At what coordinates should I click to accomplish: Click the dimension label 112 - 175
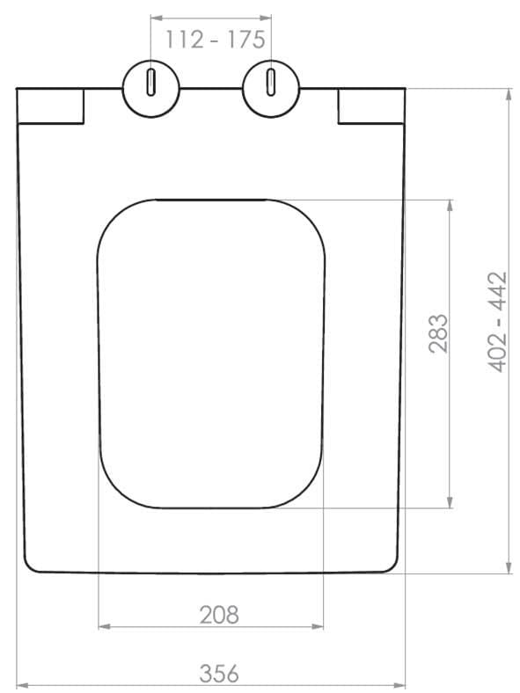click(x=216, y=40)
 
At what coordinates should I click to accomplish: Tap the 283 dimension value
click(x=439, y=333)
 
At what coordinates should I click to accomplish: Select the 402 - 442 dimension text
click(x=497, y=322)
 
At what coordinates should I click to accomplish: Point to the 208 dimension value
click(x=219, y=615)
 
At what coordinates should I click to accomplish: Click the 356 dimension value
click(x=219, y=673)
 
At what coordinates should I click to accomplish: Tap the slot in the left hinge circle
click(x=150, y=82)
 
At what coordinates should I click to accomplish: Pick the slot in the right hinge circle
click(x=271, y=82)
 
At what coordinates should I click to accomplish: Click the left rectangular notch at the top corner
click(x=50, y=106)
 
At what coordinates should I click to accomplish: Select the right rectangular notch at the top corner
click(x=371, y=106)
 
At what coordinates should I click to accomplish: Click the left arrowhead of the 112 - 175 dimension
click(x=156, y=18)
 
